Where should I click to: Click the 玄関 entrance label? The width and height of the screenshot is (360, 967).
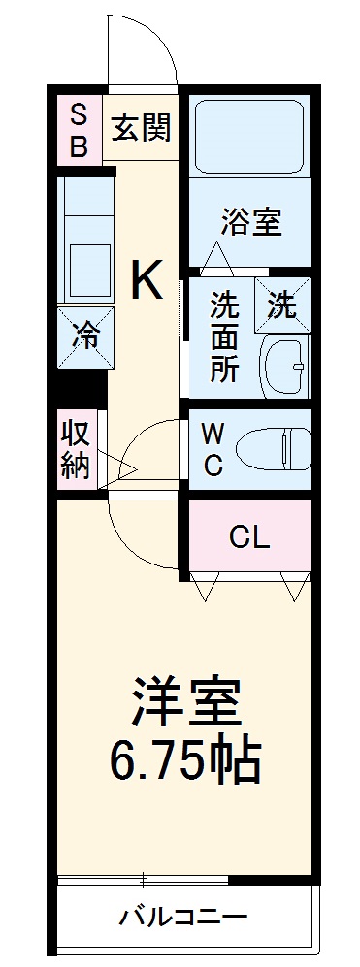[142, 128]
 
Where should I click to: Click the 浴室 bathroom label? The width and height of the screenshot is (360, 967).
[250, 222]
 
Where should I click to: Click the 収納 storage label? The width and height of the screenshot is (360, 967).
[77, 448]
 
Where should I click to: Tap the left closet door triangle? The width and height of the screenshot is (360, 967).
[204, 585]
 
